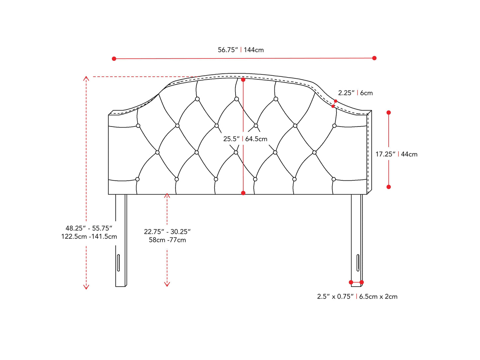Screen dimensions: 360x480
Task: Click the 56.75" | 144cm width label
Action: (x=240, y=50)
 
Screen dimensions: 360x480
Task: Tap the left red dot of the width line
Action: (x=114, y=59)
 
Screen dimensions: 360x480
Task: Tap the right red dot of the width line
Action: (x=374, y=58)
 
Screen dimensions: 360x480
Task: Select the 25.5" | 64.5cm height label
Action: (x=245, y=139)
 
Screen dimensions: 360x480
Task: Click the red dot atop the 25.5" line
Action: (x=243, y=80)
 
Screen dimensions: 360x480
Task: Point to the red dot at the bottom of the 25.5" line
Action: (x=243, y=193)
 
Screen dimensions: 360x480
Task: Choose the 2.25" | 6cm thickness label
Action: (x=355, y=93)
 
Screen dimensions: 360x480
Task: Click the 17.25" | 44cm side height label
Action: (x=396, y=154)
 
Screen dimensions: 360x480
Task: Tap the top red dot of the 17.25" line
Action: (x=389, y=113)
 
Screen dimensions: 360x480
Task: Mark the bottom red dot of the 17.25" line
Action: (x=389, y=187)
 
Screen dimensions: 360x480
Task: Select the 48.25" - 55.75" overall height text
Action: (x=89, y=228)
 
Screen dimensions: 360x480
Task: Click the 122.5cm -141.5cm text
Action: (x=89, y=236)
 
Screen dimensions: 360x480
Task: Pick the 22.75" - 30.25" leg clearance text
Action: (x=167, y=231)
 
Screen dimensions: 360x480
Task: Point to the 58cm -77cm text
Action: (x=167, y=240)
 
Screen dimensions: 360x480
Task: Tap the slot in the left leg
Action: (x=118, y=263)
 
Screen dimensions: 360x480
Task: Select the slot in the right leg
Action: (x=358, y=263)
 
